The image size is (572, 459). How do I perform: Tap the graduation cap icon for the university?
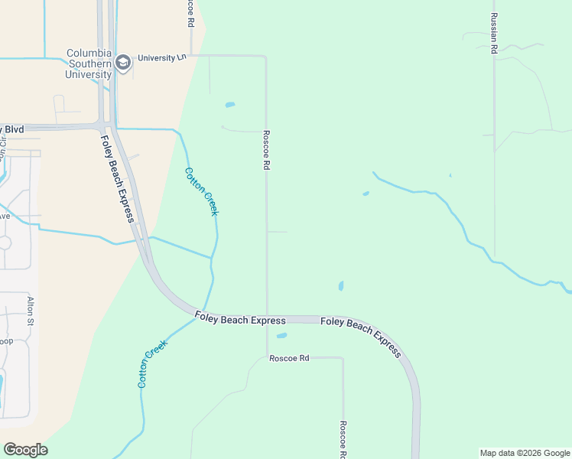tap(122, 63)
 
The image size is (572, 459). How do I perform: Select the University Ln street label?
tap(161, 57)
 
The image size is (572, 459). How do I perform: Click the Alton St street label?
tap(31, 311)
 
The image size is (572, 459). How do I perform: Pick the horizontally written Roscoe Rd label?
tap(289, 358)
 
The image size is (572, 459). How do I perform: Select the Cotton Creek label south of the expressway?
tap(152, 363)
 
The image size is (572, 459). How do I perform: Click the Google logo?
tap(25, 450)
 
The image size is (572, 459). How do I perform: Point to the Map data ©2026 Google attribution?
tap(525, 453)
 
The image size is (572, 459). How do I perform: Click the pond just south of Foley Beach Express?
tap(281, 335)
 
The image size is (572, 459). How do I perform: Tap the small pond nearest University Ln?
tap(229, 105)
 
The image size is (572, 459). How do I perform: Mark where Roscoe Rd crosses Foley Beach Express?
tap(267, 319)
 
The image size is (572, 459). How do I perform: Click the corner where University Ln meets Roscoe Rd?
tap(265, 57)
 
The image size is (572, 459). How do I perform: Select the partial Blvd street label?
tap(11, 129)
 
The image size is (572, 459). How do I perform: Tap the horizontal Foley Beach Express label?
tap(239, 319)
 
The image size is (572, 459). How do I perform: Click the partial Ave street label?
tap(4, 216)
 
